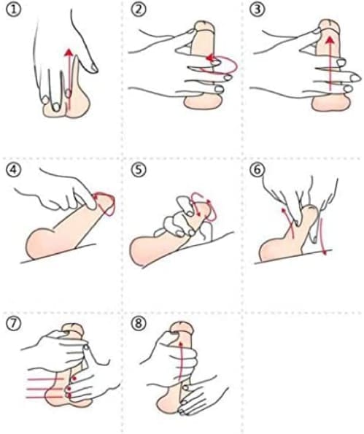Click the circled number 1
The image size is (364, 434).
tap(13, 10)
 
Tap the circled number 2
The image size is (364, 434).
tap(138, 10)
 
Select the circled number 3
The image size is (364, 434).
tap(257, 10)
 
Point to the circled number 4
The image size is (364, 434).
tap(13, 169)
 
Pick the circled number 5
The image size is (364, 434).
tap(139, 169)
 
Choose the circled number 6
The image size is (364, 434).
tap(257, 169)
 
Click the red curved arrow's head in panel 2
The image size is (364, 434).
tap(210, 58)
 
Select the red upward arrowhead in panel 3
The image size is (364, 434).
tap(330, 41)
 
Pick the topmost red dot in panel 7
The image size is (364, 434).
tap(74, 378)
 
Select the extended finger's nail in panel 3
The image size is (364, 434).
tap(355, 78)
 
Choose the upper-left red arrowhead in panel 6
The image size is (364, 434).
tap(283, 210)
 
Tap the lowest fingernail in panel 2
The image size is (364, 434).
tap(220, 89)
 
